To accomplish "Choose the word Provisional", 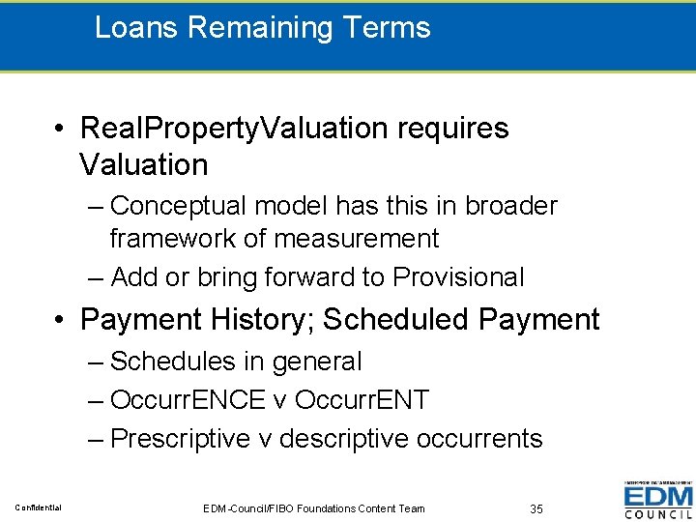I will pyautogui.click(x=458, y=277).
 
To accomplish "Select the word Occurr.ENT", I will pyautogui.click(x=361, y=399).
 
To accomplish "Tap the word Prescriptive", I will pyautogui.click(x=181, y=438).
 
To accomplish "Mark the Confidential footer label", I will pyautogui.click(x=38, y=508).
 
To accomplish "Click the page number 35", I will pyautogui.click(x=537, y=508).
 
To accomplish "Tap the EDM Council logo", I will pyautogui.click(x=658, y=500).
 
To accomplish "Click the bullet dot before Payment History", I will pyautogui.click(x=60, y=320).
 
